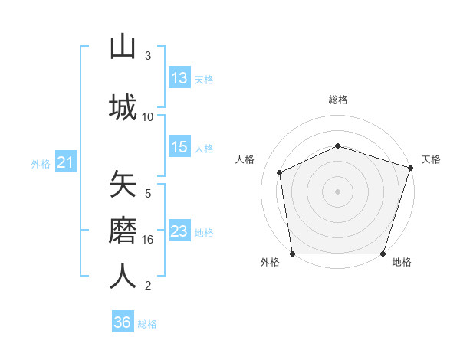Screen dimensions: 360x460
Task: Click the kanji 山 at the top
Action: tap(123, 47)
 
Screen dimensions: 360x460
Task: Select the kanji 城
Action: tap(123, 106)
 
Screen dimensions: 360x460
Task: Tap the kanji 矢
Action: tap(123, 185)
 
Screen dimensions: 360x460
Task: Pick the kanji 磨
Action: tap(123, 230)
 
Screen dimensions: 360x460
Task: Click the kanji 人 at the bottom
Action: tap(123, 276)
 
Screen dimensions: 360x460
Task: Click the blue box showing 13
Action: tap(179, 78)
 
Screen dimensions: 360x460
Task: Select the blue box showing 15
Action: tap(179, 148)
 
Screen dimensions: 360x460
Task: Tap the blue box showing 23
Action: tap(179, 231)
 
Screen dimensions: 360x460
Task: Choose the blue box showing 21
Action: tap(65, 162)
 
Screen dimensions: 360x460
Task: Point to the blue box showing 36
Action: tap(123, 322)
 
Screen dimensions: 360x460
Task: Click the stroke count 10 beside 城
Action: tap(148, 116)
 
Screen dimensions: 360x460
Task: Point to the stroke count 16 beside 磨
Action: tap(148, 240)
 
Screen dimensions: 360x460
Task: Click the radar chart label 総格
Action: tap(338, 100)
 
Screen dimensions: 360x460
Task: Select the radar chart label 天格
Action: tap(431, 159)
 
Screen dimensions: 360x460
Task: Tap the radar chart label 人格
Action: tap(245, 159)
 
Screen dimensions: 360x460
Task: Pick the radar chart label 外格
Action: tap(270, 263)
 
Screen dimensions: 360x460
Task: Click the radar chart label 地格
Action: tap(402, 263)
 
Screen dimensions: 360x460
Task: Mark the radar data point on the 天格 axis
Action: tap(411, 168)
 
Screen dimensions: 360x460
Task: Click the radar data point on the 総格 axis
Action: tap(338, 146)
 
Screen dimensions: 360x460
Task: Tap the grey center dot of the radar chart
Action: tap(338, 191)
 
